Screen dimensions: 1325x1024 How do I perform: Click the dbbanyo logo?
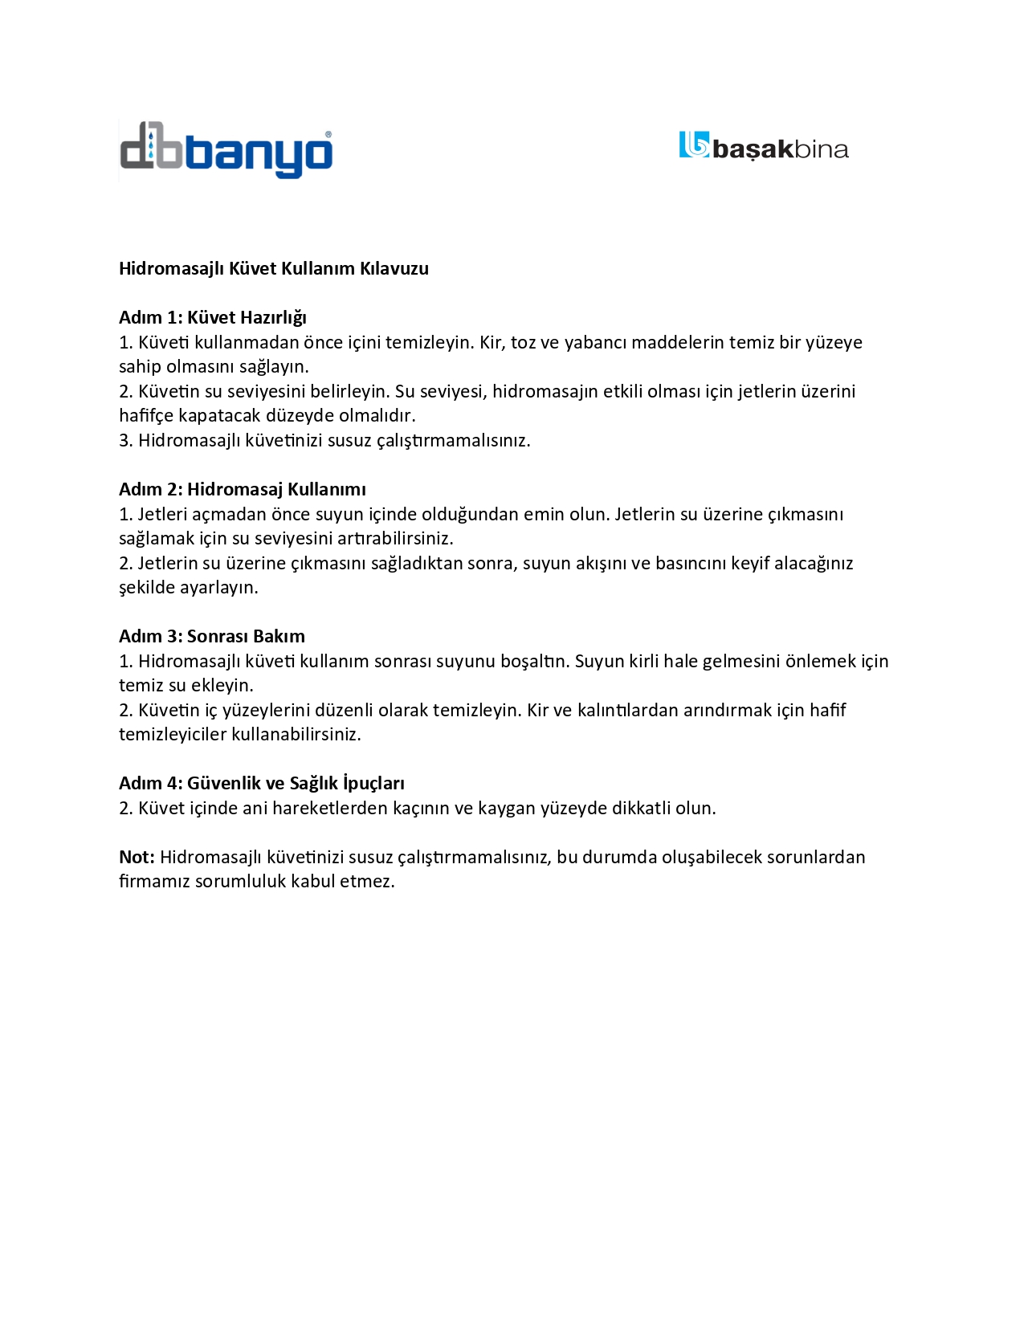coord(226,150)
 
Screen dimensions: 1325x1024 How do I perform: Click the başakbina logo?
coord(763,147)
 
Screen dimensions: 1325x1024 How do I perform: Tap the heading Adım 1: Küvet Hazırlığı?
coord(213,318)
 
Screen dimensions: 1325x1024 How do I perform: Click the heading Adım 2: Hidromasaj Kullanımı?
coord(243,490)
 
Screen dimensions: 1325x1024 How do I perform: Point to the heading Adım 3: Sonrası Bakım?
coord(212,637)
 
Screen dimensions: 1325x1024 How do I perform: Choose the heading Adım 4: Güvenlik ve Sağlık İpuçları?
coord(262,784)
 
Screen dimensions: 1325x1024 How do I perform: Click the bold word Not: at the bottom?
coord(137,858)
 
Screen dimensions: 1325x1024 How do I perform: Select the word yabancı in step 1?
coord(596,343)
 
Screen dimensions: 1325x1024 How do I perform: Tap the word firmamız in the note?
coord(154,882)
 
